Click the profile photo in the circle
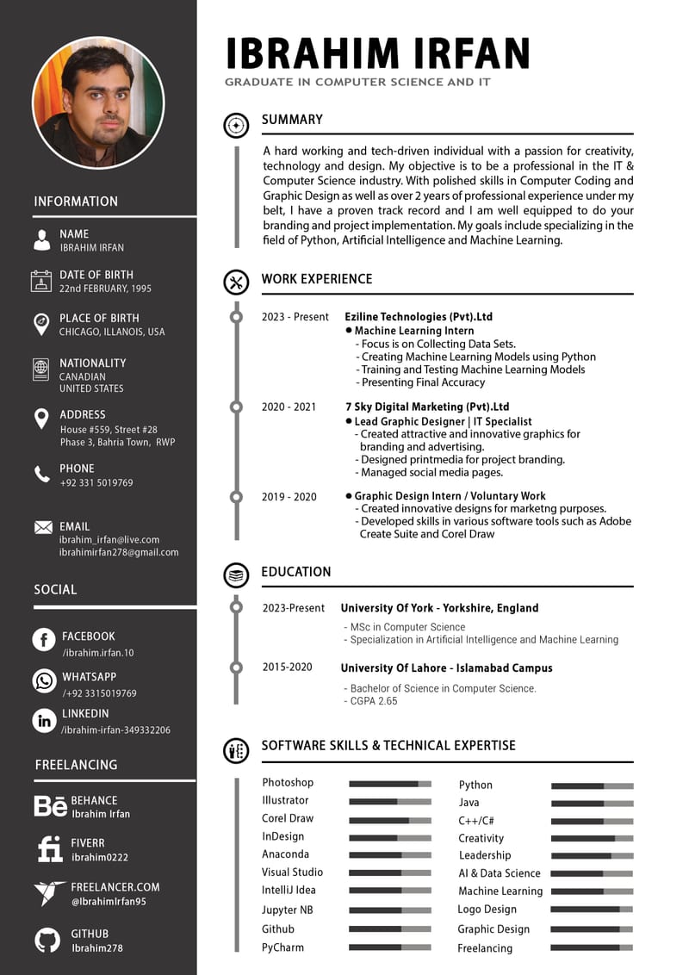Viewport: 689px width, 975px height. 97,102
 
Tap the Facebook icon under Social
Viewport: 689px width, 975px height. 44,640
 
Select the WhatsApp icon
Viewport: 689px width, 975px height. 44,680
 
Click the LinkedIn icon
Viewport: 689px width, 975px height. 44,721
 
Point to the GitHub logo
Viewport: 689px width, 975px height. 47,940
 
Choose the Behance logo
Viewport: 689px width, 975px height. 50,806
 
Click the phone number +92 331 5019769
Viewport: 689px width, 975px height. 96,483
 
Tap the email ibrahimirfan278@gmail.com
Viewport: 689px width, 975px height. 119,552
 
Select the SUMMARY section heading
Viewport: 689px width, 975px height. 292,120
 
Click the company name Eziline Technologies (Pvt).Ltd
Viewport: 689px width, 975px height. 419,316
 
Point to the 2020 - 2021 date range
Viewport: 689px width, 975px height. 289,407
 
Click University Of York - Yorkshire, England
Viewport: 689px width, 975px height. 439,608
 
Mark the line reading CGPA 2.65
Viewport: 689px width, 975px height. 374,701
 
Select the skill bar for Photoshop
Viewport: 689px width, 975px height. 389,784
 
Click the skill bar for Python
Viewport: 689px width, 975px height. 592,786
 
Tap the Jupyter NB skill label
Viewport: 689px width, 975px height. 288,910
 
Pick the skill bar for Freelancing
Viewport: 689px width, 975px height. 592,947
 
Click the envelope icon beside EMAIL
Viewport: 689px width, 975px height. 42,527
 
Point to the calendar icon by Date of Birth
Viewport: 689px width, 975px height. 40,281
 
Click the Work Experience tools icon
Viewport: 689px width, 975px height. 235,281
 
